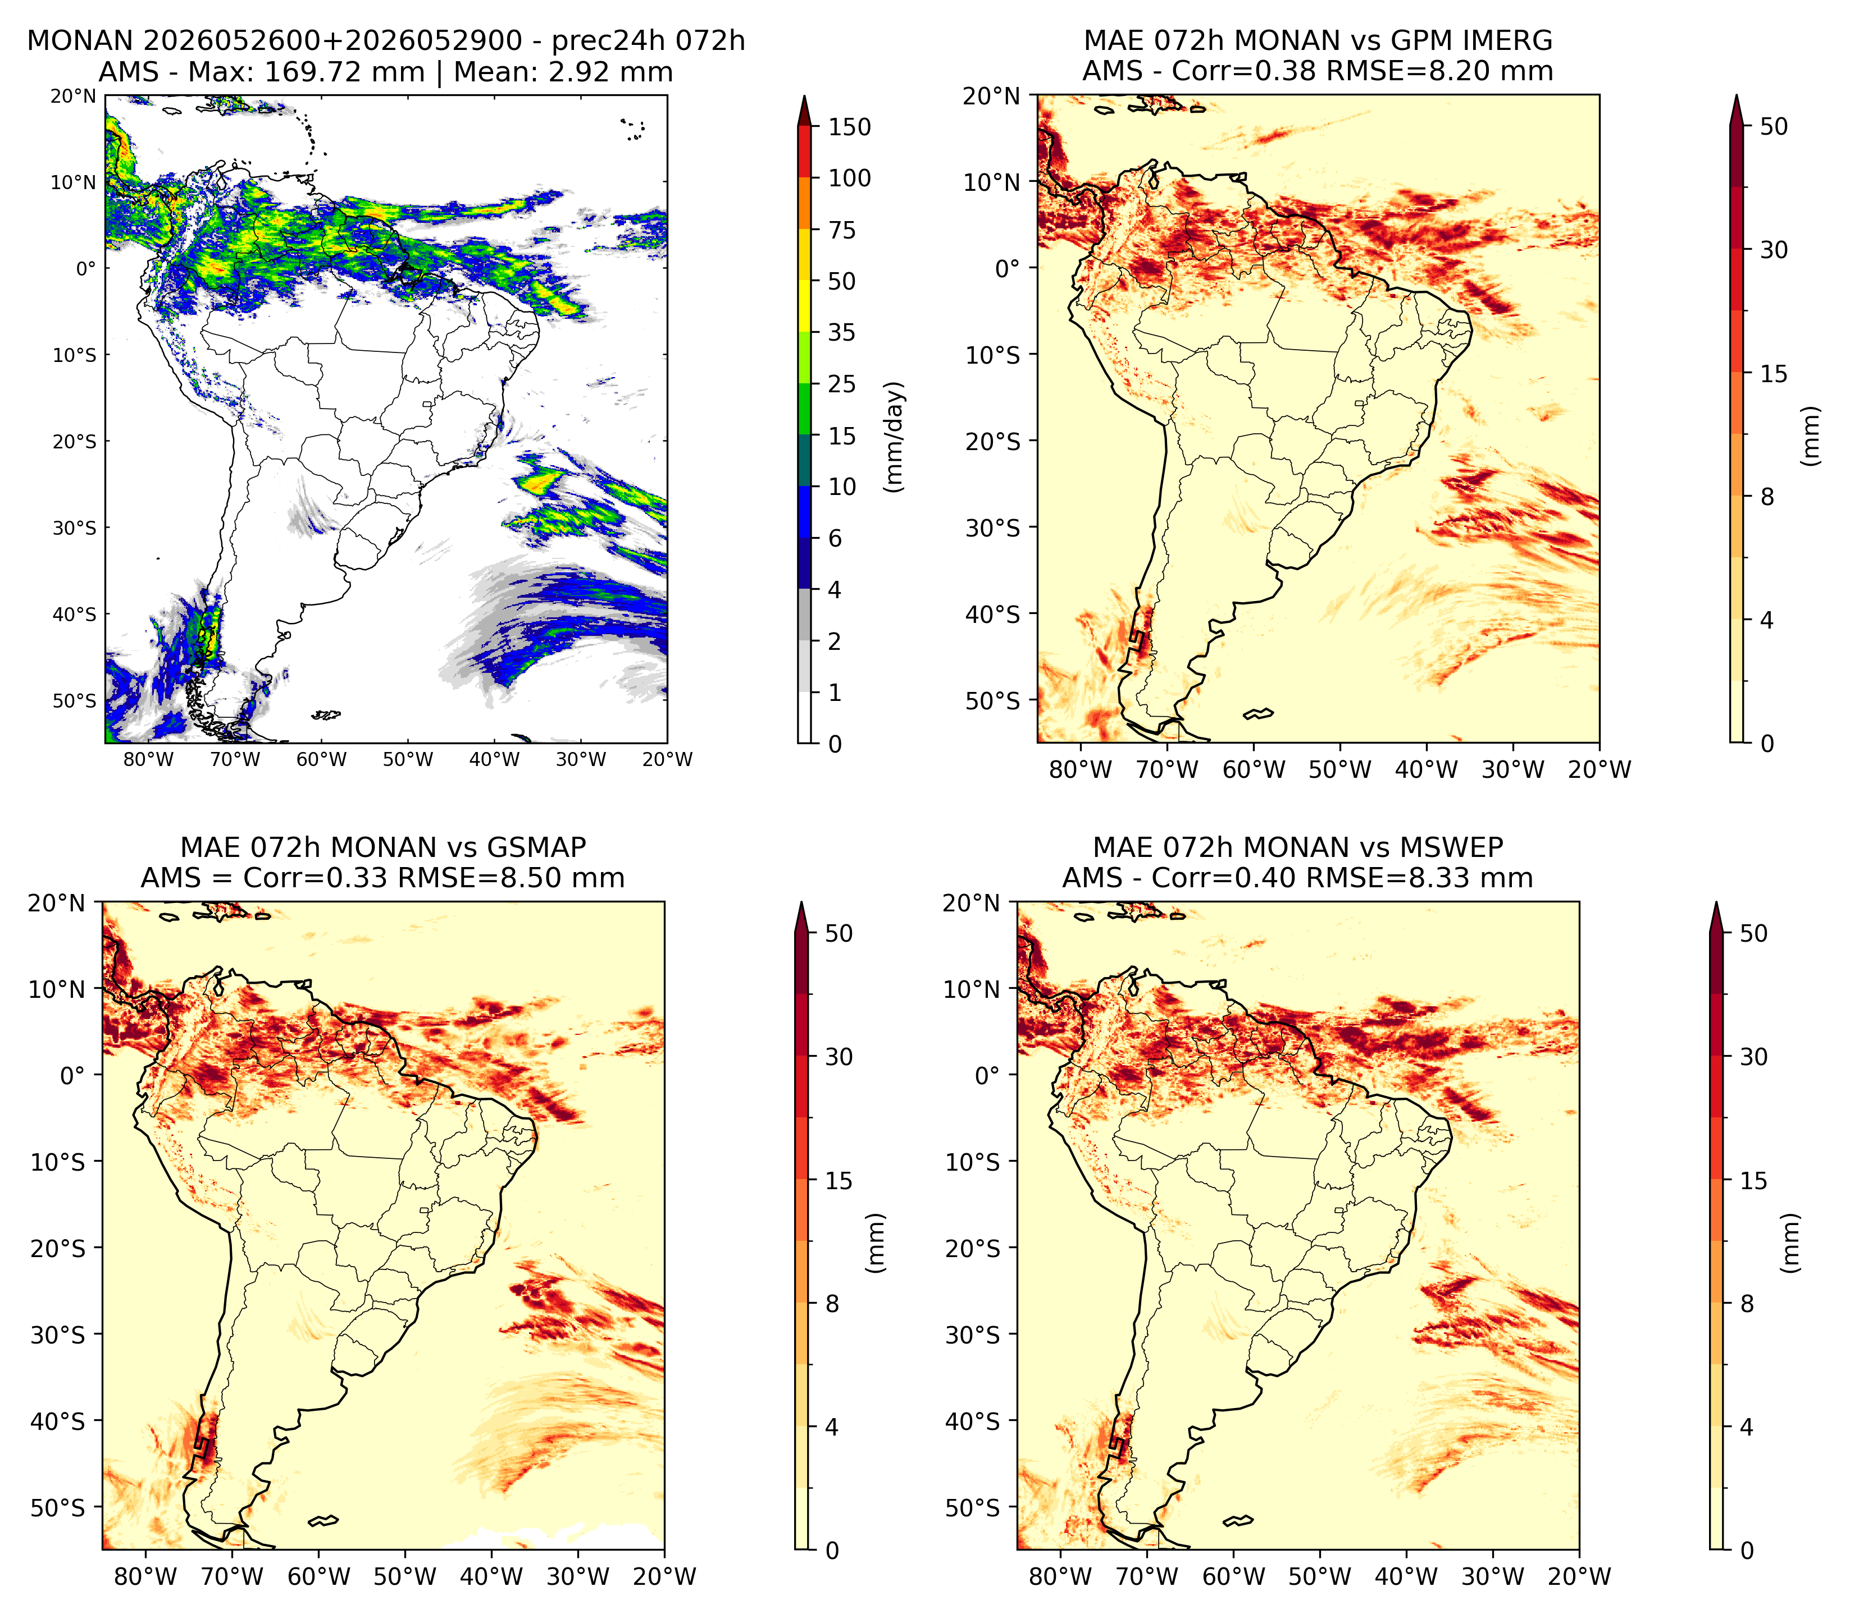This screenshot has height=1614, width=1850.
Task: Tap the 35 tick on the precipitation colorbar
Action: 842,332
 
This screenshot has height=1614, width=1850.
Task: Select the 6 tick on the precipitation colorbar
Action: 835,539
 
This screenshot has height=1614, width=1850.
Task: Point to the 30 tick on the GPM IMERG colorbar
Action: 1774,250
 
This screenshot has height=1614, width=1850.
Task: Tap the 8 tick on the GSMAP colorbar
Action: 832,1303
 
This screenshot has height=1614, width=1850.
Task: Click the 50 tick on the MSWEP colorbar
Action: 1753,933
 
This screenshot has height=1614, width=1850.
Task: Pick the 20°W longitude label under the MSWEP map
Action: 1579,1576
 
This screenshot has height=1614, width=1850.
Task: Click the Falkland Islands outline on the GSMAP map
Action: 322,1521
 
